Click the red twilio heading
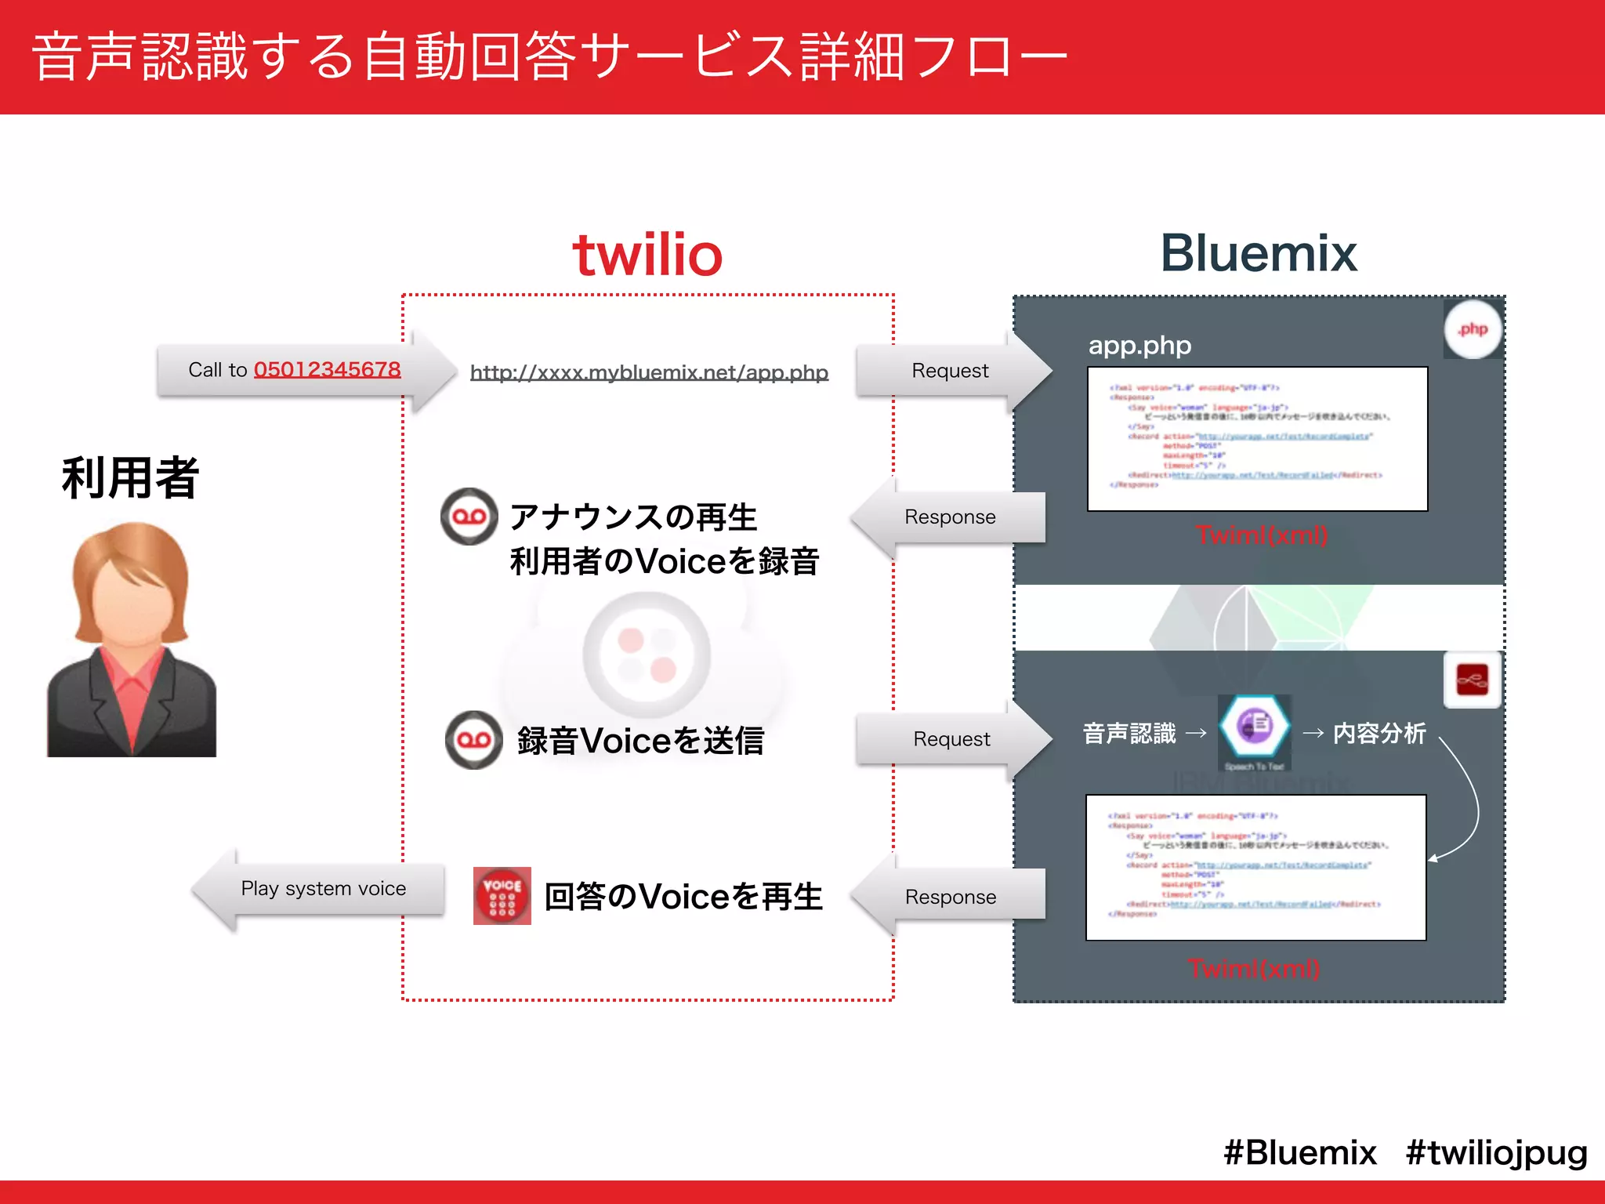coord(647,256)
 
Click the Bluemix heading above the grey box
coord(1258,254)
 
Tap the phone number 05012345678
coord(327,369)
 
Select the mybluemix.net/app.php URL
coord(649,372)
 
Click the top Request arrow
coord(950,371)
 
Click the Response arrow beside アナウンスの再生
coord(950,517)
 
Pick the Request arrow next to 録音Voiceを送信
coord(951,739)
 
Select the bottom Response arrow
coord(950,897)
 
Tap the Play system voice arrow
coord(323,889)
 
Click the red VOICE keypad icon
coord(502,896)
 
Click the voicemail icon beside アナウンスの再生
coord(469,517)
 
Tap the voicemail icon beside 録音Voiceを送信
coord(473,740)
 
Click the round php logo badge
coord(1473,329)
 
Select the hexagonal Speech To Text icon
coord(1255,725)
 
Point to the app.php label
coord(1139,346)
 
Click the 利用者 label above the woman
coord(130,478)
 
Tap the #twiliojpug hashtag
coord(1496,1152)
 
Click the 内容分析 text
coord(1379,734)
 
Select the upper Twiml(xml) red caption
coord(1261,535)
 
